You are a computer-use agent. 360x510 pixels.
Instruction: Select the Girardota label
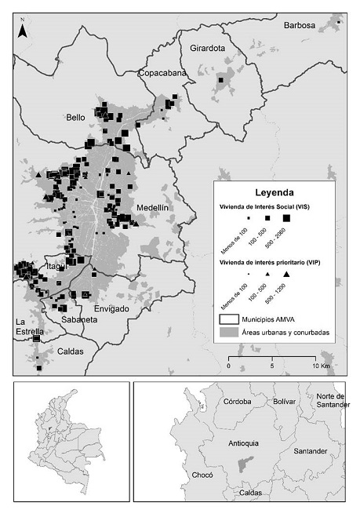click(207, 48)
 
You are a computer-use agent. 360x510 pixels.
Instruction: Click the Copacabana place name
click(162, 73)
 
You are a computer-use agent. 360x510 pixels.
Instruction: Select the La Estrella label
click(27, 327)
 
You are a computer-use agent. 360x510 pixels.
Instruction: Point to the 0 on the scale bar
click(228, 366)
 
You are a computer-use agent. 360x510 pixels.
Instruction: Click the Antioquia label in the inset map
click(242, 443)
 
